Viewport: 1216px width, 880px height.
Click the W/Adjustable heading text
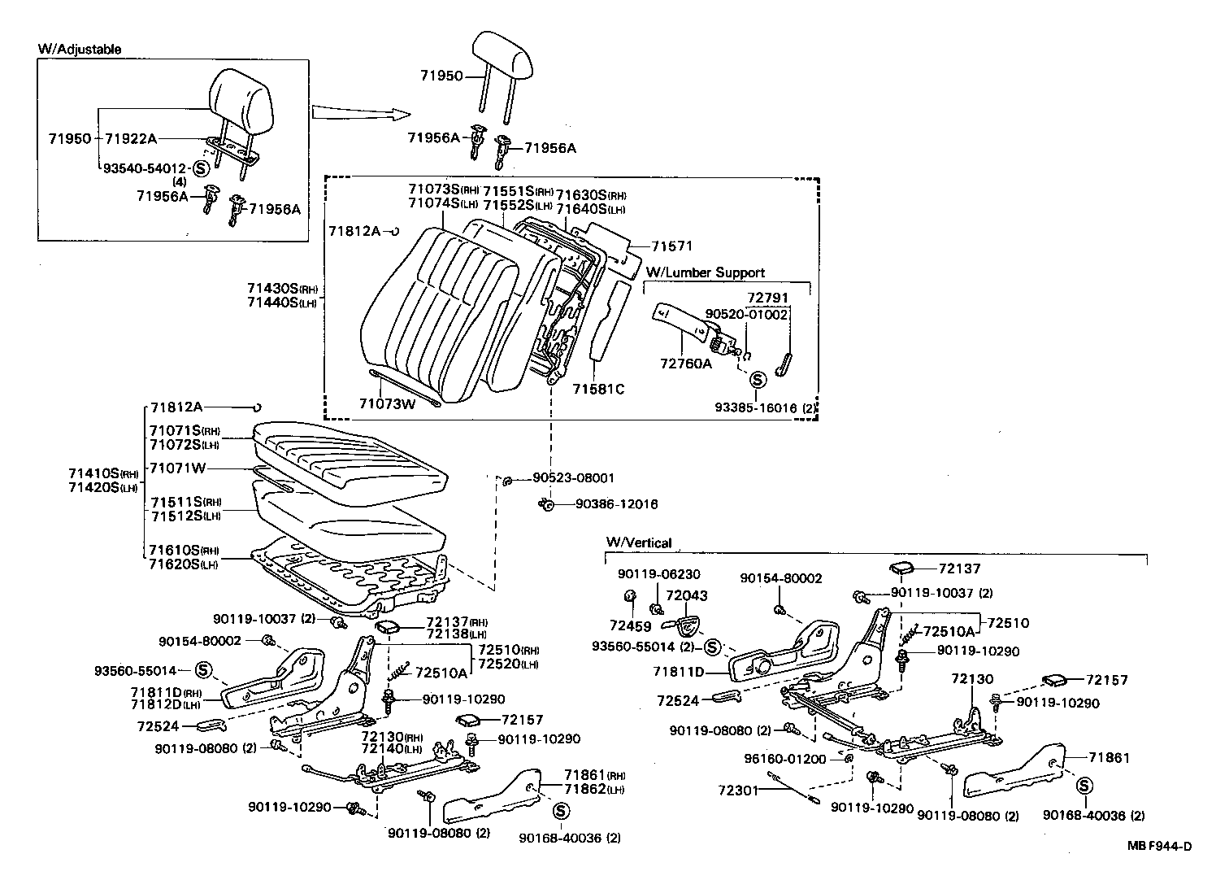point(80,49)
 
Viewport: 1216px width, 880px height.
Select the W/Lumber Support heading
point(705,272)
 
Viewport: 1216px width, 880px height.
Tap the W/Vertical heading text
point(638,542)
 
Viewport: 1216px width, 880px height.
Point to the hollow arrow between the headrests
point(351,112)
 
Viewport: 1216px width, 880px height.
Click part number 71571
point(672,246)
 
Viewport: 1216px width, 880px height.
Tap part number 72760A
point(684,364)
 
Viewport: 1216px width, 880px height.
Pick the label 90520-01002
point(746,314)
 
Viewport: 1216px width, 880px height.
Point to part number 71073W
point(388,403)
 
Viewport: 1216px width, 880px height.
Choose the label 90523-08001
point(574,478)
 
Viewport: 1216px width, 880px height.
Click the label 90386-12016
point(616,504)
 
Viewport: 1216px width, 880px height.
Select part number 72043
point(687,595)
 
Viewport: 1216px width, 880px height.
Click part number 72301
point(738,790)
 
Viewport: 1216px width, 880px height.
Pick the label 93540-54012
point(145,168)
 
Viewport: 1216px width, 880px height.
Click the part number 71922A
point(131,138)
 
